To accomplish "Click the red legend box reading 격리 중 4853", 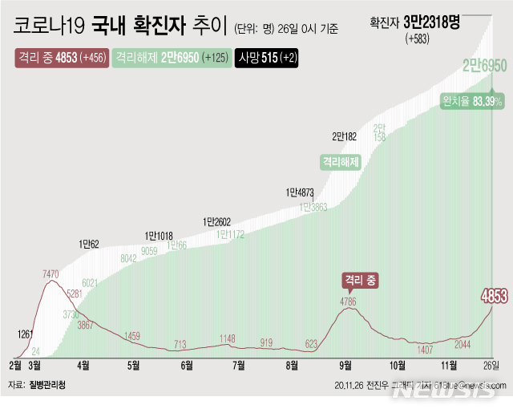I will coord(60,59).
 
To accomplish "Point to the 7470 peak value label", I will coord(51,274).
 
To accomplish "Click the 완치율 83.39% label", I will coord(471,101).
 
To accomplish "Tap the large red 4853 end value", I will coord(495,295).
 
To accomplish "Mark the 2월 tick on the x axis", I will coord(15,364).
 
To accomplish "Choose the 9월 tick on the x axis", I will coord(346,364).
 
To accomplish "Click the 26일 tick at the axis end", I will coord(491,364).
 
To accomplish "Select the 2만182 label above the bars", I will coord(345,136).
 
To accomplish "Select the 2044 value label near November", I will coord(463,344).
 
